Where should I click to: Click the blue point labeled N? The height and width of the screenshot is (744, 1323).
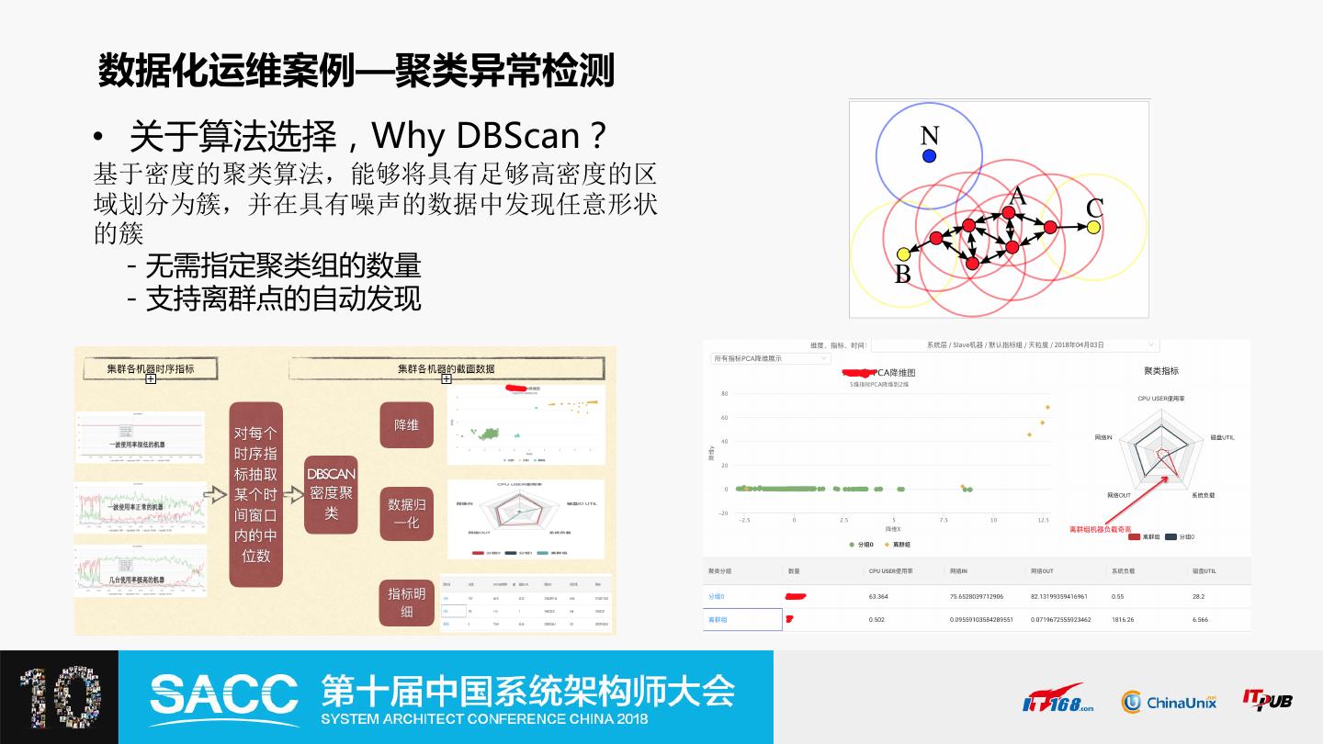pyautogui.click(x=929, y=156)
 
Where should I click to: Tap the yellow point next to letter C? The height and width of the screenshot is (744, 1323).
pyautogui.click(x=1093, y=227)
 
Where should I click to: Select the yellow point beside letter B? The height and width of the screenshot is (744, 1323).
pyautogui.click(x=903, y=254)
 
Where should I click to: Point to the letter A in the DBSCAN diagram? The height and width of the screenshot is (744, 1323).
pyautogui.click(x=1017, y=196)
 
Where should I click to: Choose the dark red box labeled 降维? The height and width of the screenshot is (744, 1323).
pyautogui.click(x=406, y=425)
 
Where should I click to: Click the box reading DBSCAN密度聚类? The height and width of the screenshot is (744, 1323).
pyautogui.click(x=331, y=493)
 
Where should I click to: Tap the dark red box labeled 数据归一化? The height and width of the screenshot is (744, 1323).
pyautogui.click(x=406, y=513)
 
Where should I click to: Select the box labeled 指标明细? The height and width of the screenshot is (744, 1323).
pyautogui.click(x=406, y=603)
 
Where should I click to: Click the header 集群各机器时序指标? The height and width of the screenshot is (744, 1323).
pyautogui.click(x=151, y=368)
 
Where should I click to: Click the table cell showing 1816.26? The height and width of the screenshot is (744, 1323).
pyautogui.click(x=1124, y=620)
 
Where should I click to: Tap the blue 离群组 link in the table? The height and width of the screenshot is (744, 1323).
pyautogui.click(x=718, y=620)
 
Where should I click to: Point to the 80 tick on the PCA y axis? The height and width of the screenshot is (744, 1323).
pyautogui.click(x=724, y=394)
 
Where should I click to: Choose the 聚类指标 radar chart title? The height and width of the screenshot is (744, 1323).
pyautogui.click(x=1161, y=371)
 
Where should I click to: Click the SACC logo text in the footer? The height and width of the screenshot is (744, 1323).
pyautogui.click(x=224, y=694)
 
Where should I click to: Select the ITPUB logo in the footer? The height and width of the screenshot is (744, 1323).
pyautogui.click(x=1267, y=700)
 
